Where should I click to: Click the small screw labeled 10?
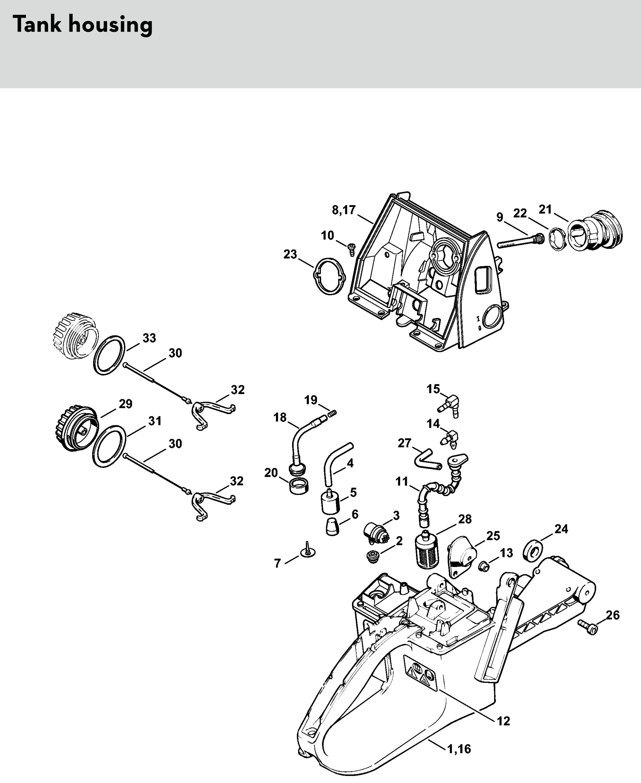351,249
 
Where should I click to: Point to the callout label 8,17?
344,210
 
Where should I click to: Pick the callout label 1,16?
459,749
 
